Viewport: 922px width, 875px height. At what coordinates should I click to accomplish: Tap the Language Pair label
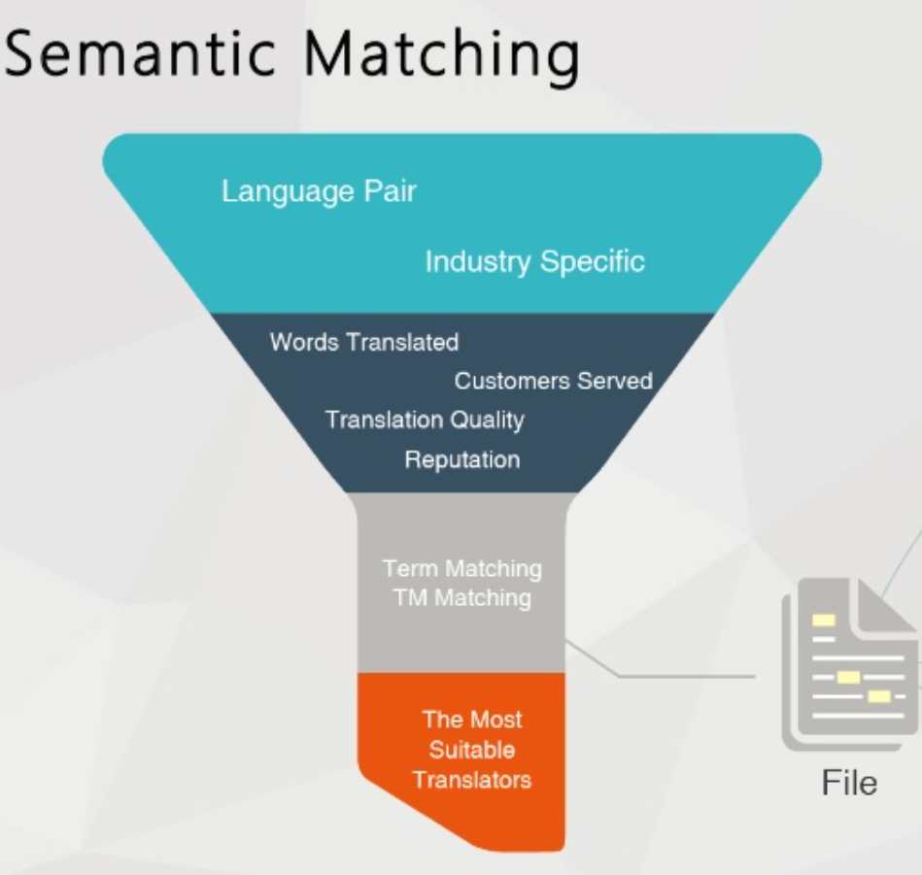click(319, 191)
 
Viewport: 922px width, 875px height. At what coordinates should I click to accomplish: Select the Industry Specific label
click(534, 261)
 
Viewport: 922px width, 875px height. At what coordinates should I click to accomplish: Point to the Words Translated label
click(363, 342)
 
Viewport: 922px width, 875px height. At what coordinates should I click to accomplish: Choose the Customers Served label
click(553, 381)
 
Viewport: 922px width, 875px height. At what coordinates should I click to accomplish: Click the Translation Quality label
click(425, 420)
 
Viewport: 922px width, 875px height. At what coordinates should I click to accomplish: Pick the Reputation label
click(461, 459)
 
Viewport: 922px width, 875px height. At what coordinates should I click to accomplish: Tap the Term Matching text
click(461, 568)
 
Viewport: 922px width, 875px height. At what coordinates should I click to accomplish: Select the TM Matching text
click(461, 597)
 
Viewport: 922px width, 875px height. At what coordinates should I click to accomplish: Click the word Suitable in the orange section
click(472, 750)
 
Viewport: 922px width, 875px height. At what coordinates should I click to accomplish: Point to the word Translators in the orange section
click(472, 779)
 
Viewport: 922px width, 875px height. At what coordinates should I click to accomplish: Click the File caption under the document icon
click(849, 783)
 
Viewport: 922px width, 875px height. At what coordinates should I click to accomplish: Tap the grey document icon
click(845, 670)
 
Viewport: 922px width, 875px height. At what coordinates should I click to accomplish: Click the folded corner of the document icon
click(891, 604)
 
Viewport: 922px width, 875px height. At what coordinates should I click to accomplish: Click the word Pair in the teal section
click(388, 191)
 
